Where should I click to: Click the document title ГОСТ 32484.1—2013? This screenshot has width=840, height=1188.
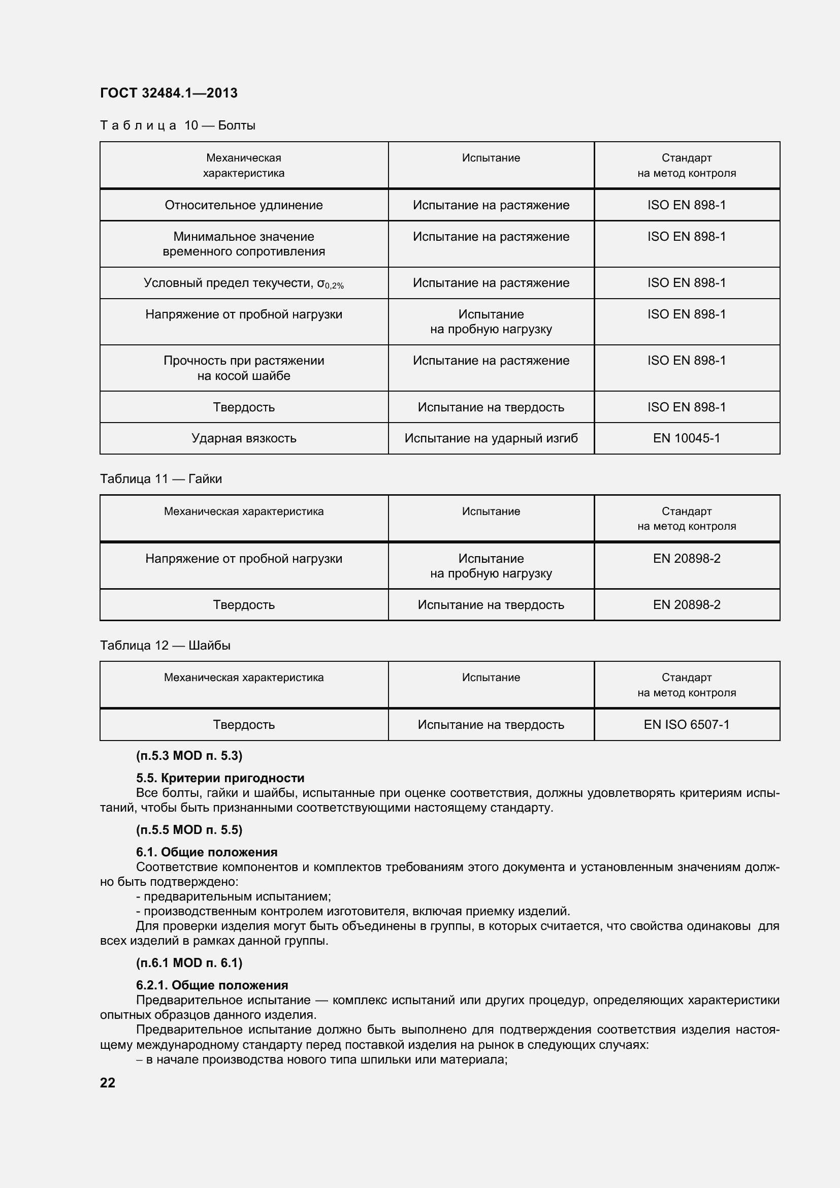(169, 93)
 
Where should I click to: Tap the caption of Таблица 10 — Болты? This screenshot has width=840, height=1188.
(177, 125)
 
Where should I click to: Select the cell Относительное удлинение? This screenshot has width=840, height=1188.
(244, 205)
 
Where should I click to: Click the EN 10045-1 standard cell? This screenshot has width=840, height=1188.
(687, 438)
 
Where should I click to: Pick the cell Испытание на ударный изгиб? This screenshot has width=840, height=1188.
(491, 438)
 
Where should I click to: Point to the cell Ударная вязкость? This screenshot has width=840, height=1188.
(244, 438)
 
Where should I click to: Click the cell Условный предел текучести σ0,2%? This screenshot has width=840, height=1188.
(244, 283)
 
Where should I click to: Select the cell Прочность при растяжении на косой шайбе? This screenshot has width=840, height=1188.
(244, 368)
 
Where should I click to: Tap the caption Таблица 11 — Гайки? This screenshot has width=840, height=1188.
(161, 478)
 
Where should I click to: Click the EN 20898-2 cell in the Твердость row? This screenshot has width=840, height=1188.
(687, 604)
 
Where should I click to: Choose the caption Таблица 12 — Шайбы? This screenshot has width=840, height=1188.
(165, 645)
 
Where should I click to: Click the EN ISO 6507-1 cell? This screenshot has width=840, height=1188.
(687, 724)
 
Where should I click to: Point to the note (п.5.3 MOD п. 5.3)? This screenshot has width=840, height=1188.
(189, 756)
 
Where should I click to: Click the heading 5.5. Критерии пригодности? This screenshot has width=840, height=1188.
(220, 778)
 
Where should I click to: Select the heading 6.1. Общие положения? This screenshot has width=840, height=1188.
(206, 852)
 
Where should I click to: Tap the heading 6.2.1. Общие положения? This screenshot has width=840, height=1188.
(212, 985)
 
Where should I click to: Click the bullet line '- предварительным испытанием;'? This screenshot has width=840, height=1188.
(233, 896)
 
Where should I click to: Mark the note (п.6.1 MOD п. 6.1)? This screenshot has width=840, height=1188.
(189, 963)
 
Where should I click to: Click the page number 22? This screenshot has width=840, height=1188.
(108, 1083)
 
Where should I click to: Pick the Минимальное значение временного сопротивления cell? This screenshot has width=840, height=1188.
(244, 244)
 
